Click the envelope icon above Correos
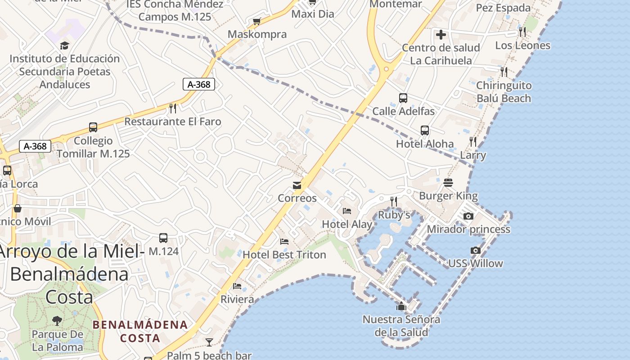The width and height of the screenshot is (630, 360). tap(297, 185)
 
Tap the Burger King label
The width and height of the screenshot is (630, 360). tap(448, 196)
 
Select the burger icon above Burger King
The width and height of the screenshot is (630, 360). tap(448, 182)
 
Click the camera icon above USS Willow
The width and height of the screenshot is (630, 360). tap(475, 250)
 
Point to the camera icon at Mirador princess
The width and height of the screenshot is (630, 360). tap(468, 216)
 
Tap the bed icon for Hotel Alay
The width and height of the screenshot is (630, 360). tap(346, 211)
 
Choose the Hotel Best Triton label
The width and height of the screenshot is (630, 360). tap(284, 255)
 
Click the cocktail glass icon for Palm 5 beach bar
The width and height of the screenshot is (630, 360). tap(209, 342)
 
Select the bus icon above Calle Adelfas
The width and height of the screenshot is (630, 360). tap(403, 98)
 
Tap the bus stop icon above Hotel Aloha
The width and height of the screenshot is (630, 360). tap(425, 130)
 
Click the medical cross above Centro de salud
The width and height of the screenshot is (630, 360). tap(441, 34)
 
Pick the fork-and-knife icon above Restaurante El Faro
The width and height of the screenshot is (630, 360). tap(172, 108)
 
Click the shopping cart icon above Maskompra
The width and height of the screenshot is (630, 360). tap(257, 21)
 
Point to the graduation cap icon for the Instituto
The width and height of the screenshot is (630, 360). tap(65, 45)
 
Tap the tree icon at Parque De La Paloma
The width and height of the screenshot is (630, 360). tap(57, 320)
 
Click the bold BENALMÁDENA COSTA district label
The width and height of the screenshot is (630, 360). tap(140, 331)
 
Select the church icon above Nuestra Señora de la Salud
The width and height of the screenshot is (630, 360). tap(401, 306)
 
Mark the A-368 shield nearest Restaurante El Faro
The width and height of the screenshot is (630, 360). tap(199, 84)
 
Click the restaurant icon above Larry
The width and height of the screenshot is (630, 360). tap(473, 142)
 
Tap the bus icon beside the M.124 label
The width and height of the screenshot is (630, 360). tap(163, 238)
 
